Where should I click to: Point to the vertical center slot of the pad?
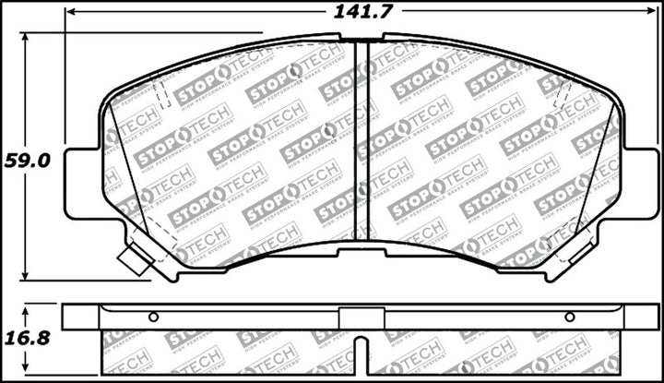pos(362,138)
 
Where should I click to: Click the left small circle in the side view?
pos(153,317)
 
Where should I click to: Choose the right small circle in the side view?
pos(569,317)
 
